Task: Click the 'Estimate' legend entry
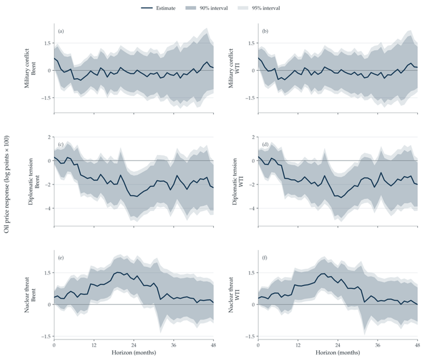point(158,8)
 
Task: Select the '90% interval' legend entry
point(207,8)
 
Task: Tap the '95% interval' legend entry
point(259,8)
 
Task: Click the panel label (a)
point(61,31)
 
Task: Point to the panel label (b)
point(265,31)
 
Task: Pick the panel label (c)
point(61,145)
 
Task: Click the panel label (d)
point(265,145)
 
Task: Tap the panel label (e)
point(61,258)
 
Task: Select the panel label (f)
point(265,258)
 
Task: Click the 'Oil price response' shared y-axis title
point(7,185)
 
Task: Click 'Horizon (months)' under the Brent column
point(134,353)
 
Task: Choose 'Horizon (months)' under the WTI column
point(338,353)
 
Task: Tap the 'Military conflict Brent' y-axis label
point(30,68)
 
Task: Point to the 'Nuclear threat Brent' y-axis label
point(30,295)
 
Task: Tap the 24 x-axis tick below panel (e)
point(134,345)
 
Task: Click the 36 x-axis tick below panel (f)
point(378,345)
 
